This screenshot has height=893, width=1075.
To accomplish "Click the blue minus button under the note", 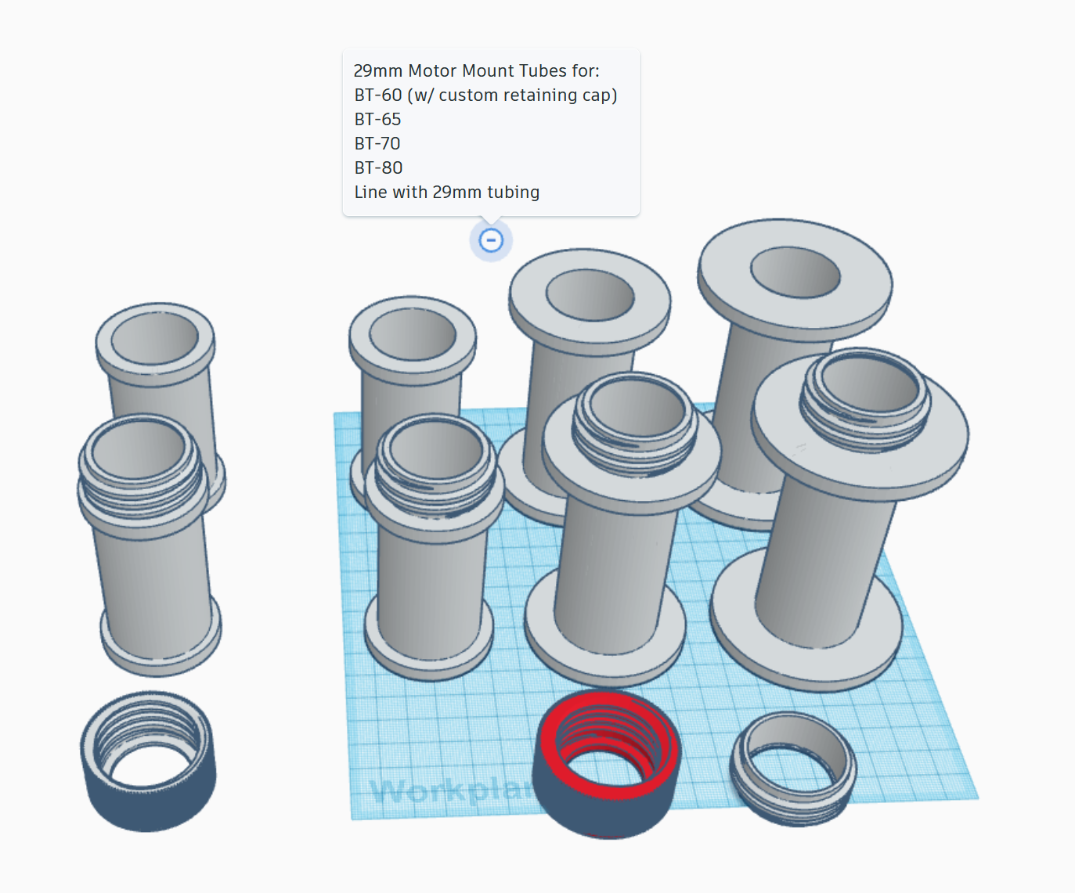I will click(491, 240).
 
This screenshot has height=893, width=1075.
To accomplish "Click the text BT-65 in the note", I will click(377, 120).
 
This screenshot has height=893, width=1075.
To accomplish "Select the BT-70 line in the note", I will click(377, 144).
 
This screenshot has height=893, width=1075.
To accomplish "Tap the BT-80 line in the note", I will click(378, 168).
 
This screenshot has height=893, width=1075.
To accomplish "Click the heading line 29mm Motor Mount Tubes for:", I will click(476, 71).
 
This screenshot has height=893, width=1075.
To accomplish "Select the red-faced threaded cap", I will click(607, 763).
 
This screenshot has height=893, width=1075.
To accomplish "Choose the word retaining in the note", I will click(540, 95).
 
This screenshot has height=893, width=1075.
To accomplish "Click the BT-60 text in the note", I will click(377, 95).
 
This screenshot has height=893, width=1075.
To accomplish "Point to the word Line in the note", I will click(370, 193).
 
